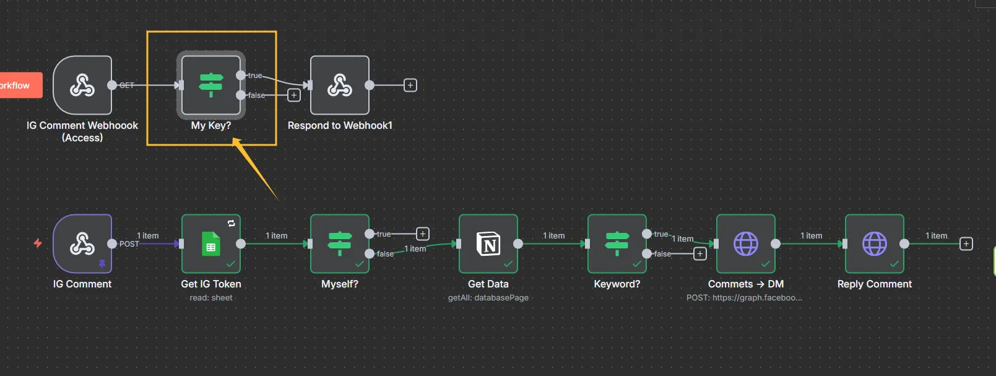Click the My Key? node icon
click(x=211, y=85)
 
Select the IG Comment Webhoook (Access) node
click(x=82, y=85)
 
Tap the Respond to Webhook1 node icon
click(x=340, y=85)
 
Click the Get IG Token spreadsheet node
click(x=211, y=243)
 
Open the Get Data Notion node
click(x=488, y=243)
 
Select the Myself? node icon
click(x=340, y=243)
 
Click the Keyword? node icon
click(x=617, y=243)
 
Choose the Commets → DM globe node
click(x=746, y=243)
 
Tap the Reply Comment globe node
click(x=875, y=243)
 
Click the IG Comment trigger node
click(x=82, y=243)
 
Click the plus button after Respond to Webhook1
click(x=410, y=85)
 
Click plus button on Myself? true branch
click(x=423, y=234)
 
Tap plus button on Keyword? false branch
click(x=700, y=253)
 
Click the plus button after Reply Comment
click(x=966, y=243)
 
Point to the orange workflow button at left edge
click(x=19, y=85)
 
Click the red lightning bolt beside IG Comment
click(x=38, y=243)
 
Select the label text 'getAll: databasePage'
click(x=488, y=298)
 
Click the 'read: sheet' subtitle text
click(x=211, y=298)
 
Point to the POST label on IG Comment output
click(x=129, y=244)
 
